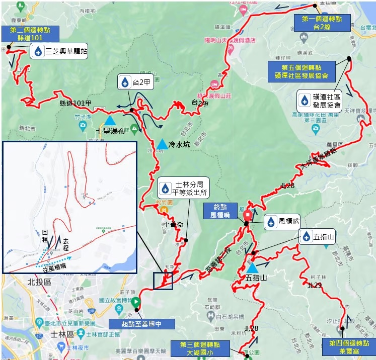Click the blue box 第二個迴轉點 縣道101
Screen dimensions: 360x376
pyautogui.click(x=30, y=33)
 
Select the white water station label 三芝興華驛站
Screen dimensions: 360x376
pyautogui.click(x=59, y=51)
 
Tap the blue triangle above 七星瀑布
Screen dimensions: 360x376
pyautogui.click(x=110, y=121)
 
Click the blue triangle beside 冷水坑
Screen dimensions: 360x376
pyautogui.click(x=162, y=145)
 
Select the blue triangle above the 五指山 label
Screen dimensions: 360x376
pyautogui.click(x=252, y=268)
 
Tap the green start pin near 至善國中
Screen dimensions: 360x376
pyautogui.click(x=135, y=303)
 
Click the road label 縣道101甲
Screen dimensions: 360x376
pyautogui.click(x=75, y=104)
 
